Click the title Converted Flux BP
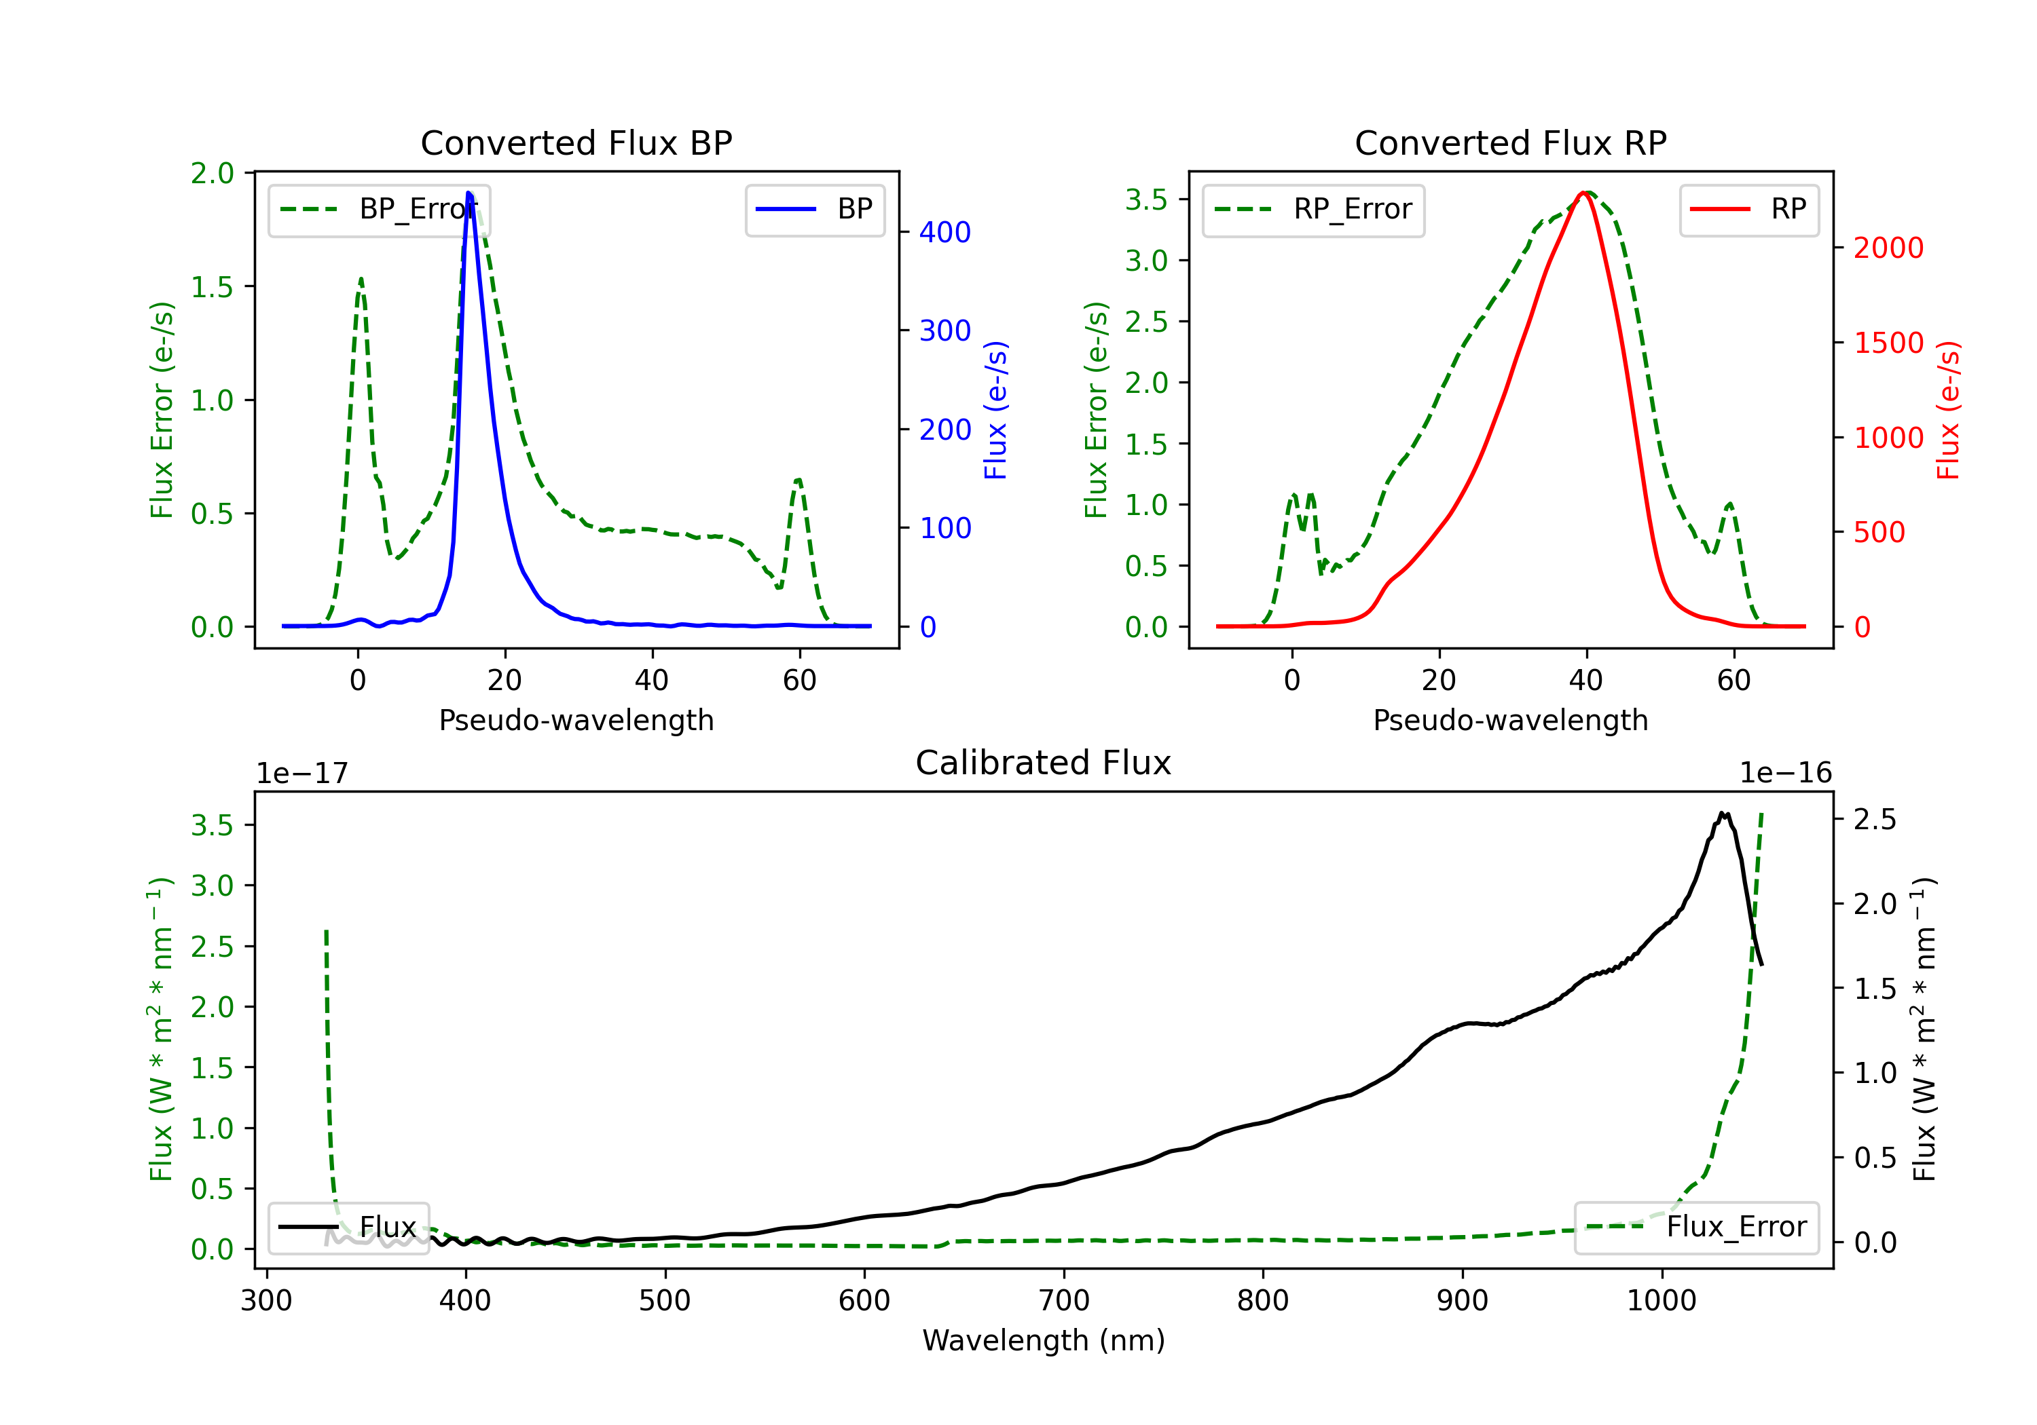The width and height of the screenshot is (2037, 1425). point(576,142)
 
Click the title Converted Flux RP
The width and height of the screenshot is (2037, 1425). point(1510,142)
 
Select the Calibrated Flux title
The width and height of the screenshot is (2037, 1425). point(1044,763)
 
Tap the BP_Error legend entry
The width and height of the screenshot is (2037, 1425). point(379,209)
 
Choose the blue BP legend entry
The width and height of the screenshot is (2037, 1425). point(814,209)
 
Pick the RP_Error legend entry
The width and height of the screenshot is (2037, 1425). point(1313,209)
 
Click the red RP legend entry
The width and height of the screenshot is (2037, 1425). point(1748,209)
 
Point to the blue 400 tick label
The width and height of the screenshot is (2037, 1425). point(945,232)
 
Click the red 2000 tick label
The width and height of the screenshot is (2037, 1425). point(1888,248)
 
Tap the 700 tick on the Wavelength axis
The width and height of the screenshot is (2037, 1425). point(1064,1301)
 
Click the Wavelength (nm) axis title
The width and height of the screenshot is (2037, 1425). point(1044,1340)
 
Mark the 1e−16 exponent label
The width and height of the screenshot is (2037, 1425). point(1785,774)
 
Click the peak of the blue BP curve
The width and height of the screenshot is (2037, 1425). point(469,193)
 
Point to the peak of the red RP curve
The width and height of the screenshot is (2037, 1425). point(1583,193)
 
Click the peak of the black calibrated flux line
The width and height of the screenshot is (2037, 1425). point(1722,812)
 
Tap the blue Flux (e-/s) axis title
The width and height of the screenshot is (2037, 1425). point(996,410)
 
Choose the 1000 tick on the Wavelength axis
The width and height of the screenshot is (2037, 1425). point(1662,1301)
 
